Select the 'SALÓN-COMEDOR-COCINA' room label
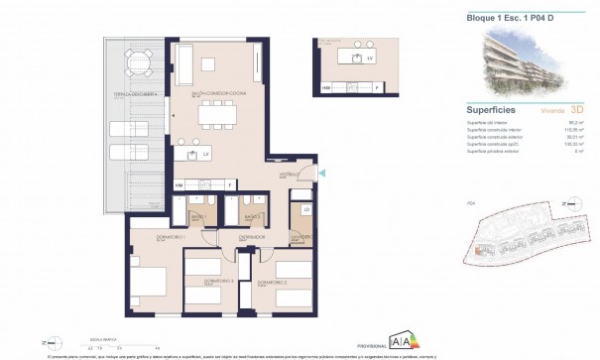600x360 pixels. pyautogui.click(x=216, y=94)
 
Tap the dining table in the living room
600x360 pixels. pyautogui.click(x=219, y=117)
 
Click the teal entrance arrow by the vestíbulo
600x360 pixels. pyautogui.click(x=319, y=175)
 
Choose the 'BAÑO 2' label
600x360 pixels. pyautogui.click(x=252, y=216)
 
